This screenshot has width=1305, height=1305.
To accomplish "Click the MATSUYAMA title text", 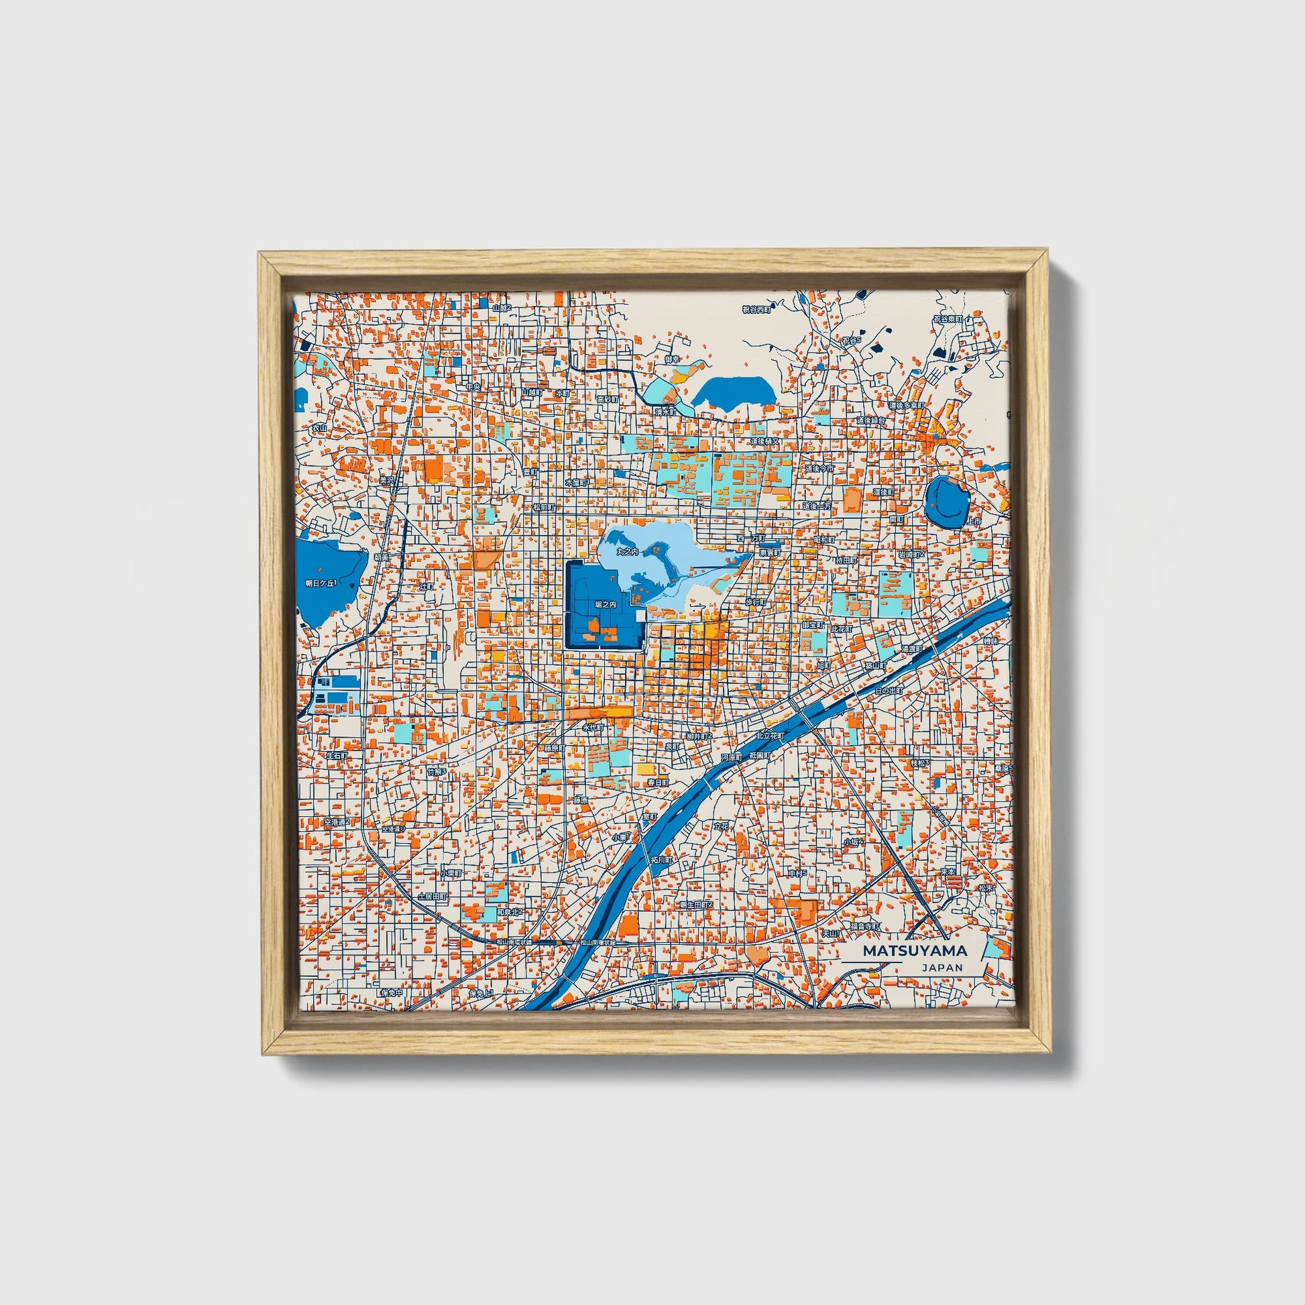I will point(915,950).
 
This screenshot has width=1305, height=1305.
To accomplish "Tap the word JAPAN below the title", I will point(942,967).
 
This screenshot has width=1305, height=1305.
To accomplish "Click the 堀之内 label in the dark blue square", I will point(604,605).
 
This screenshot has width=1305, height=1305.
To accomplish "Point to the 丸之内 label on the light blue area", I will point(628,552).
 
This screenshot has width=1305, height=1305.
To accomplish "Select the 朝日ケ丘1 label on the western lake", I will point(320,582).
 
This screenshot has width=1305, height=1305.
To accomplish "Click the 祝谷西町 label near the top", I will point(756,309).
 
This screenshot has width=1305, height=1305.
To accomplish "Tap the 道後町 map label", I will point(883,492).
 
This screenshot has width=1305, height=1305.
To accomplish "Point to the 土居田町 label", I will point(433,896).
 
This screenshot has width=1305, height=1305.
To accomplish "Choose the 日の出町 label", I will point(889,691).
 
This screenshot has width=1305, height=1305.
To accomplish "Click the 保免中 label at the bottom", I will point(391,992).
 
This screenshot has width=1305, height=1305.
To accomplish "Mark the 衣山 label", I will point(319,428).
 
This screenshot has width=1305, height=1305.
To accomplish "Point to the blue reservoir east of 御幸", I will point(733,392).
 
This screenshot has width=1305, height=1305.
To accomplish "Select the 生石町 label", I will point(337,755).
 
